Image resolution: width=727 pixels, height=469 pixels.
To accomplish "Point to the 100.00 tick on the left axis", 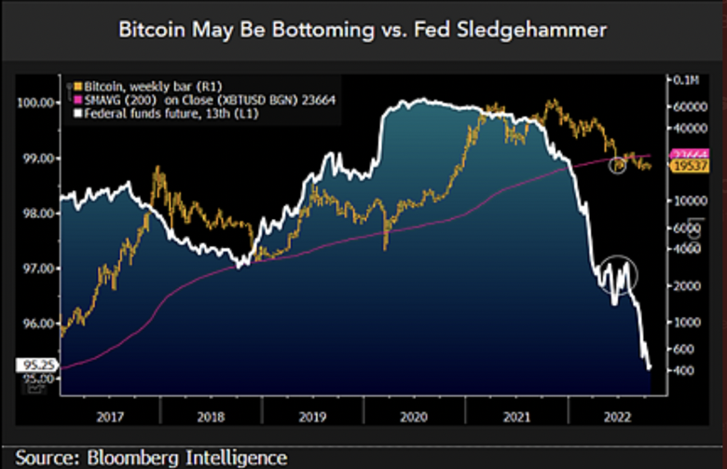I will (35, 103).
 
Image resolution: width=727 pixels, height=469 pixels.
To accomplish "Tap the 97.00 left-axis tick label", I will (37, 269).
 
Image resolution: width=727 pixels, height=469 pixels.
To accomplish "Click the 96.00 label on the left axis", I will (37, 324).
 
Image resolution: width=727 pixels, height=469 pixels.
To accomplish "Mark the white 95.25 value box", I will (34, 366).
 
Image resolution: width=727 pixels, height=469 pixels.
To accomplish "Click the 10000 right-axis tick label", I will (688, 200).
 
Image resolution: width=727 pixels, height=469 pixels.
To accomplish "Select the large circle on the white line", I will (618, 272).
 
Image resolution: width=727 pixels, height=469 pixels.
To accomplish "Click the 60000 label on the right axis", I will (688, 106).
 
